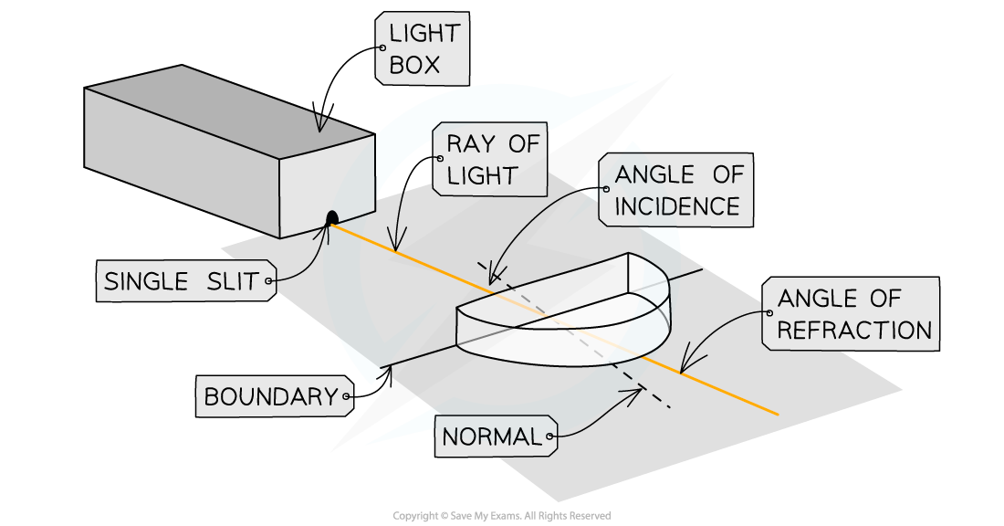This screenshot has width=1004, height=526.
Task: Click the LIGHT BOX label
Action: [x=422, y=49]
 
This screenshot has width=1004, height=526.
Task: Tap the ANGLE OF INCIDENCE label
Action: [x=678, y=190]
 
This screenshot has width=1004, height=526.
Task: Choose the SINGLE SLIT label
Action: [x=185, y=281]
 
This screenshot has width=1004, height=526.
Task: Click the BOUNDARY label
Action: [x=271, y=396]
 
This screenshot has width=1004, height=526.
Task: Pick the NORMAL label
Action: [x=491, y=437]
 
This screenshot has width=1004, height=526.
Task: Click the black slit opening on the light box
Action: [x=332, y=217]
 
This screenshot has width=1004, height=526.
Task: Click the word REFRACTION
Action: [x=853, y=331]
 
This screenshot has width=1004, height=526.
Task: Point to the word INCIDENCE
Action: [x=678, y=206]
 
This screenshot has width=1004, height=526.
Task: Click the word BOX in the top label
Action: [x=414, y=65]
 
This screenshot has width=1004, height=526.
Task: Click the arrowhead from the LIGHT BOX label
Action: [x=319, y=127]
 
